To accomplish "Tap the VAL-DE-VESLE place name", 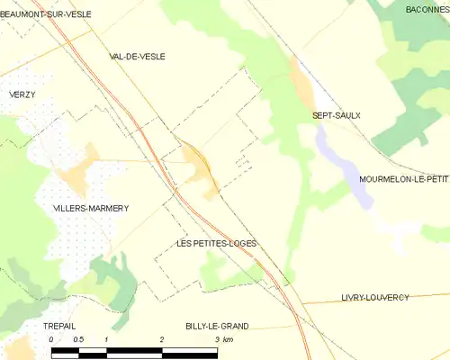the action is [x=137, y=56].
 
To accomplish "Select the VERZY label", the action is [x=23, y=94].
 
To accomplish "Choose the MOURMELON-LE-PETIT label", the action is [x=403, y=179].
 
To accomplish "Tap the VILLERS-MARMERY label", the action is [x=91, y=208].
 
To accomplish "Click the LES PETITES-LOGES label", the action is [x=216, y=243].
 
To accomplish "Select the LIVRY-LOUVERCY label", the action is [x=375, y=297].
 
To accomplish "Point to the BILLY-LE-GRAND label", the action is [x=217, y=326].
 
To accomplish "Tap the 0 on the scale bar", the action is [x=51, y=339].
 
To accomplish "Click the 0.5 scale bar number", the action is [x=78, y=339].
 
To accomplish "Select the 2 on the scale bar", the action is [x=162, y=339].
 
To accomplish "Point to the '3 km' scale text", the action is [x=221, y=339].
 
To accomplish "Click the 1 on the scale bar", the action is [x=106, y=339].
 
